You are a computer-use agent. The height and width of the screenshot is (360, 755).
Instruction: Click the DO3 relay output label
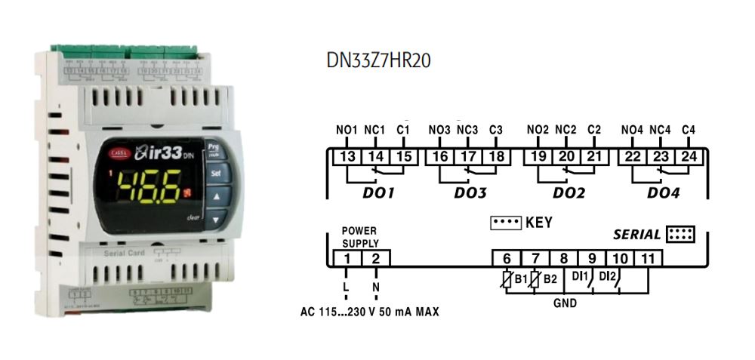tap(470, 193)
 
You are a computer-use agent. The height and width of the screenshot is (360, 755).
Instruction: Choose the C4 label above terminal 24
tap(688, 131)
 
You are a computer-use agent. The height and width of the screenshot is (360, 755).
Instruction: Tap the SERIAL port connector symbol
tap(681, 234)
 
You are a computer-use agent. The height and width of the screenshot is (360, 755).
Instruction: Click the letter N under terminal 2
tap(375, 289)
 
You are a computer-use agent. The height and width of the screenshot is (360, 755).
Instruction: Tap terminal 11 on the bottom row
tap(649, 259)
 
